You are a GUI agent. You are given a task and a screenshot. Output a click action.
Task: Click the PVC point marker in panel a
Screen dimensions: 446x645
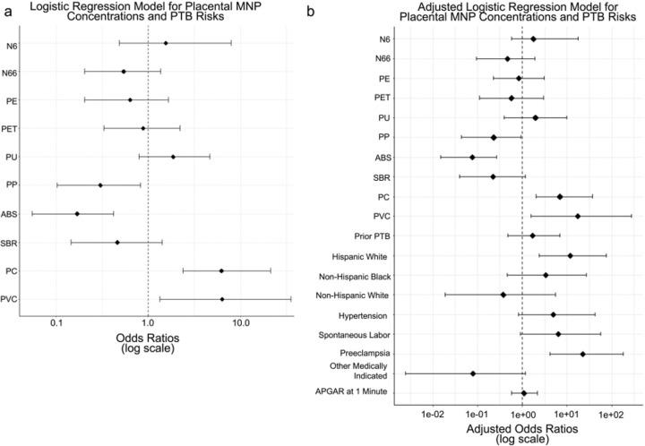(222, 299)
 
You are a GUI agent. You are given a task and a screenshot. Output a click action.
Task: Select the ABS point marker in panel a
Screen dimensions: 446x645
(77, 214)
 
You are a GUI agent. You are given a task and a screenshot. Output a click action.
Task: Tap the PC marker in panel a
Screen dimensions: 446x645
(221, 270)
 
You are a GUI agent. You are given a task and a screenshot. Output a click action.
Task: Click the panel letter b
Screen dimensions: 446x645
(333, 9)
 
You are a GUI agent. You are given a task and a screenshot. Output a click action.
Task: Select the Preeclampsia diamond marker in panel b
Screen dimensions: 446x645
(583, 354)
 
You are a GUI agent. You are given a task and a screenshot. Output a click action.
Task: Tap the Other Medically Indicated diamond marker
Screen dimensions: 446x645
(473, 373)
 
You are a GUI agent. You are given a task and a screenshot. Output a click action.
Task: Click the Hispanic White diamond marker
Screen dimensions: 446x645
(571, 255)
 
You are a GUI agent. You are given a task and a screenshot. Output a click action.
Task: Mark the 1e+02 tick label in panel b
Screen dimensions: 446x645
(610, 415)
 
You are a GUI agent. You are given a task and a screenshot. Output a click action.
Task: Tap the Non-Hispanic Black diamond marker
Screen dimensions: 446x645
(546, 275)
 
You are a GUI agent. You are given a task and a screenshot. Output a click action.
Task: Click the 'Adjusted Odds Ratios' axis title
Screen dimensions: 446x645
(522, 428)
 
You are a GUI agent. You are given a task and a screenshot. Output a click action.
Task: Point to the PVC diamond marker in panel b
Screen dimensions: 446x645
(578, 216)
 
